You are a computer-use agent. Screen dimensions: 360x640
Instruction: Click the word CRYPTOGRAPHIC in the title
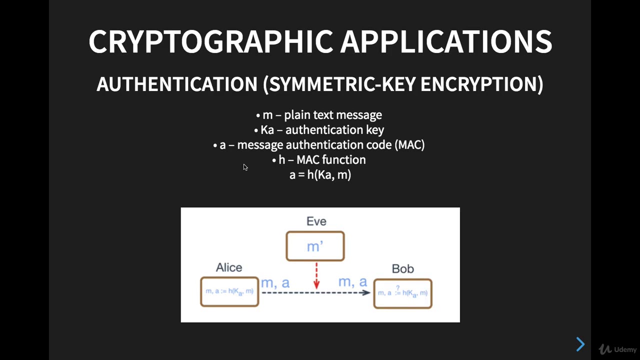tap(210, 41)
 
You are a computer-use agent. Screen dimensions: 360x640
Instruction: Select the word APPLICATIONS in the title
tap(446, 41)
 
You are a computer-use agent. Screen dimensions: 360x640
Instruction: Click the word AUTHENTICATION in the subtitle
tap(176, 84)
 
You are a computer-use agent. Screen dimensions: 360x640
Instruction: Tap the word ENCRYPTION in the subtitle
tap(481, 84)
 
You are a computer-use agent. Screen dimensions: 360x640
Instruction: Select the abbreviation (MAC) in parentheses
tap(409, 145)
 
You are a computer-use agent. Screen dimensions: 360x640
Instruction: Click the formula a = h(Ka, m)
tap(320, 175)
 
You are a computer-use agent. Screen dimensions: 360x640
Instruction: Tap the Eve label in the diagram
tap(316, 221)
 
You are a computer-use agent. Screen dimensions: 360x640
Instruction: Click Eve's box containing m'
tap(315, 246)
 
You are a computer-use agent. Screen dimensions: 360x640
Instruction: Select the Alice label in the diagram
tap(229, 267)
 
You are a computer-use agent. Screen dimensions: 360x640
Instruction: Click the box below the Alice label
tap(229, 291)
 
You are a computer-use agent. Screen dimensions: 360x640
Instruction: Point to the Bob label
tap(402, 269)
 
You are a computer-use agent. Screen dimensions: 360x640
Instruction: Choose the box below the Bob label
tap(402, 293)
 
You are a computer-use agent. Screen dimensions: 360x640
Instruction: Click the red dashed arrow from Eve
tap(316, 275)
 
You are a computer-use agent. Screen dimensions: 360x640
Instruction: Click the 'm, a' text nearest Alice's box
tap(275, 282)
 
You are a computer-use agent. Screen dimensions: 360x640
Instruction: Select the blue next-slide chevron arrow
tap(580, 344)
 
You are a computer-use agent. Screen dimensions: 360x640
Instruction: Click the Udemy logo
tap(618, 349)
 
